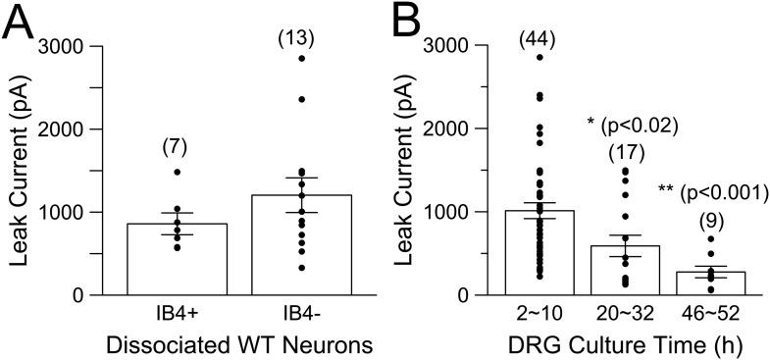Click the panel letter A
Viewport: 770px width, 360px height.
(x=20, y=22)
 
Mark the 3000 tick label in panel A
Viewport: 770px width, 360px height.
(x=59, y=46)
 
